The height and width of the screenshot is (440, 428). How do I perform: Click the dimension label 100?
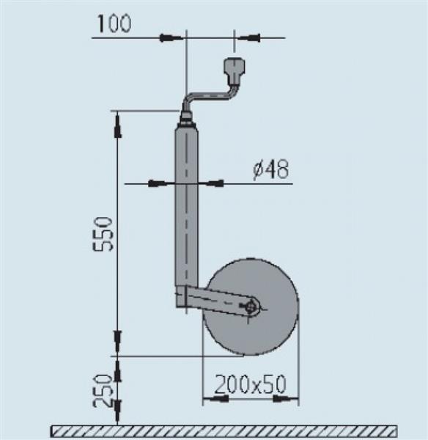(113, 23)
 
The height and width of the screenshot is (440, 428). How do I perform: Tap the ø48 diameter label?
(270, 170)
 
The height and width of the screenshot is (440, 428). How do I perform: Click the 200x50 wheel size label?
(250, 384)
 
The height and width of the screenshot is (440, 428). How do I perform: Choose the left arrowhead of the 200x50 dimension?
(215, 400)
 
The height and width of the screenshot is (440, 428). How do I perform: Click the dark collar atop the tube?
(186, 118)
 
